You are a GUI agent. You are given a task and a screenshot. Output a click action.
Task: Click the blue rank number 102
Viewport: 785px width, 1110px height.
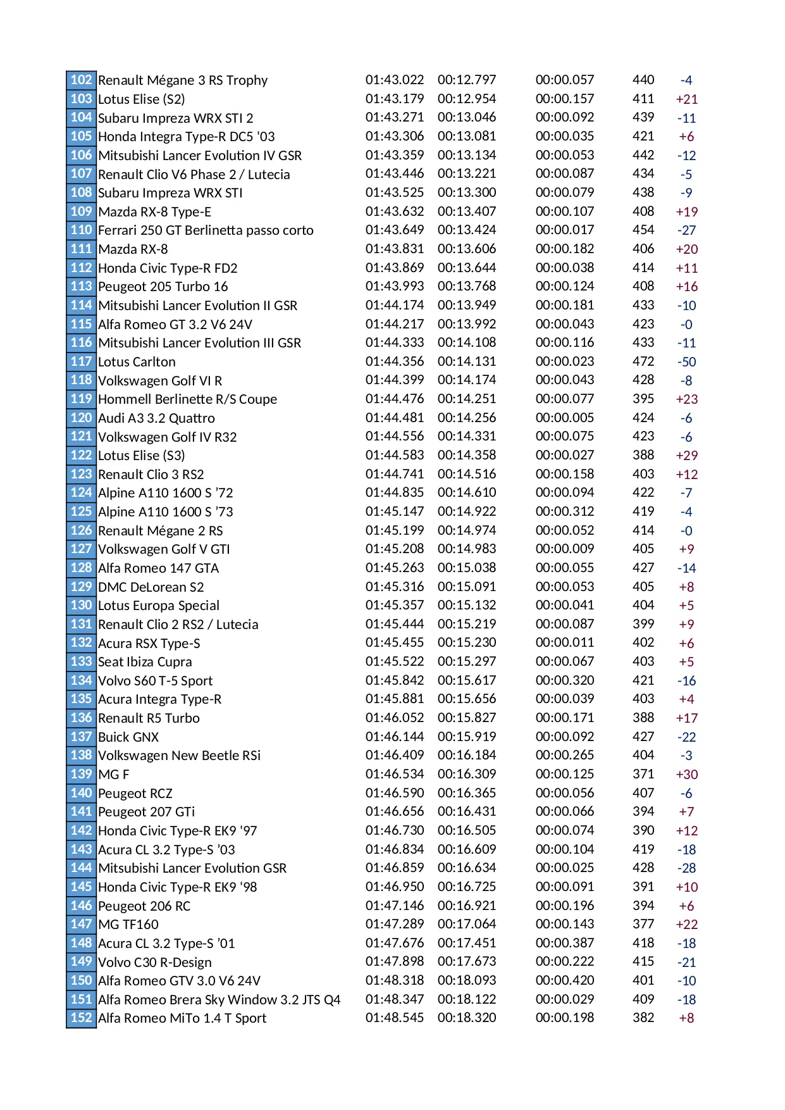pos(81,80)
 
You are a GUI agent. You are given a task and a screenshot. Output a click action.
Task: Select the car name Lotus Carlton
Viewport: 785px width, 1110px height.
pos(137,362)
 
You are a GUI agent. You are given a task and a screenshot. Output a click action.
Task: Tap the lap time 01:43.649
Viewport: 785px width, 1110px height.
pos(395,230)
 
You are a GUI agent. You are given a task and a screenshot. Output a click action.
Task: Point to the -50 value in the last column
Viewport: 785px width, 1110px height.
pos(686,362)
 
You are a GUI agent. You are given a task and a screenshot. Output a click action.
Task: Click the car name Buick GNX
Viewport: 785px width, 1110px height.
pos(128,737)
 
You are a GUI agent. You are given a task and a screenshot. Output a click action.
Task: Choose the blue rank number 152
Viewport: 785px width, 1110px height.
pos(81,1018)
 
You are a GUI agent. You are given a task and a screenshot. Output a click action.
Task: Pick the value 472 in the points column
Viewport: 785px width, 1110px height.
pos(643,361)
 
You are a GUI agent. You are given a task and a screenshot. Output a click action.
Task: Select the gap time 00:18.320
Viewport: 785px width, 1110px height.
pos(467,1018)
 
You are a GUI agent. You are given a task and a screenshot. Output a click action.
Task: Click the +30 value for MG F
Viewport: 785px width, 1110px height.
pos(686,775)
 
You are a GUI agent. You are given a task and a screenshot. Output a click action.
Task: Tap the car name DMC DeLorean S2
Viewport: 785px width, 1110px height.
pos(151,587)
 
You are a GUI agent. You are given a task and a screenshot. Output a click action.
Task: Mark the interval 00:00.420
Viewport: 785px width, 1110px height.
pos(565,980)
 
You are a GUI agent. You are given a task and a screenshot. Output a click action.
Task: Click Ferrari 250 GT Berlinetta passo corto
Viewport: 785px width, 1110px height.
pos(206,230)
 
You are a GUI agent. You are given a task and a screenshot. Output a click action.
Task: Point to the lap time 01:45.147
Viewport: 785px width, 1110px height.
pos(395,511)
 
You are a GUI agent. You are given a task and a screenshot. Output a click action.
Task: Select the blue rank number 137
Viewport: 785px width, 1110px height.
pos(81,737)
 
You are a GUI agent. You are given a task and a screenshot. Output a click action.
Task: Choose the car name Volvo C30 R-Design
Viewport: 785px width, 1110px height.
pos(154,963)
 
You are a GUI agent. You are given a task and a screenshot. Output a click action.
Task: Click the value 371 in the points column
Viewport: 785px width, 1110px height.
pos(643,774)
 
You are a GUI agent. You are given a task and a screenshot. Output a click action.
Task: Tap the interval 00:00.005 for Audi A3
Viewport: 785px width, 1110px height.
pos(565,418)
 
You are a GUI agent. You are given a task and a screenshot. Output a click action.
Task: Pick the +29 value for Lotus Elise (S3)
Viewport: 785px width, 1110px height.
pos(686,456)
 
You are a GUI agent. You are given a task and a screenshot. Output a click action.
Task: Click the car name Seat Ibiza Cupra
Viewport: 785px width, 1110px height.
pos(145,662)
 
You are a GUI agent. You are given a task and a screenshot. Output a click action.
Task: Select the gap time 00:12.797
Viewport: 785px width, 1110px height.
pos(467,80)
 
